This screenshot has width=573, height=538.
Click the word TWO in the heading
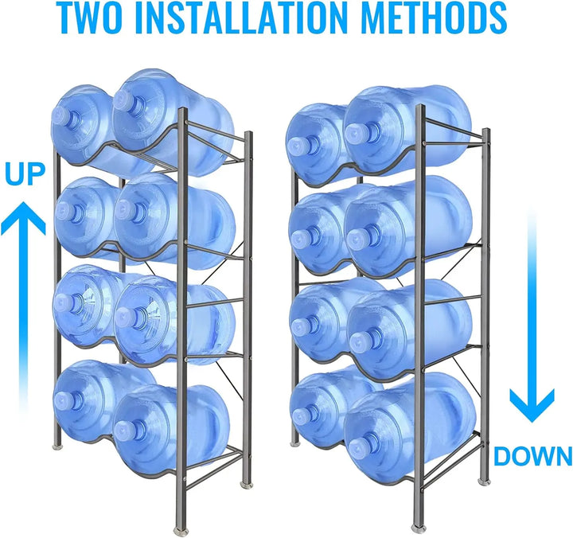(93, 18)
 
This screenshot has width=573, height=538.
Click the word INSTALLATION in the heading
(240, 18)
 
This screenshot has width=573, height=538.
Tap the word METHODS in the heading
(434, 18)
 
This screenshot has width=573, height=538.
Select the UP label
(25, 174)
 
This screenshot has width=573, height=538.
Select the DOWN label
(533, 456)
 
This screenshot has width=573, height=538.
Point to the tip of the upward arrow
(23, 202)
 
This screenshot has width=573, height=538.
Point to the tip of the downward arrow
(532, 423)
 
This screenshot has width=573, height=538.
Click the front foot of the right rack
(418, 529)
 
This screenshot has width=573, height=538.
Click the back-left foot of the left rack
(57, 446)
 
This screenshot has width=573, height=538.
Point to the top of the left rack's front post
(183, 109)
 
